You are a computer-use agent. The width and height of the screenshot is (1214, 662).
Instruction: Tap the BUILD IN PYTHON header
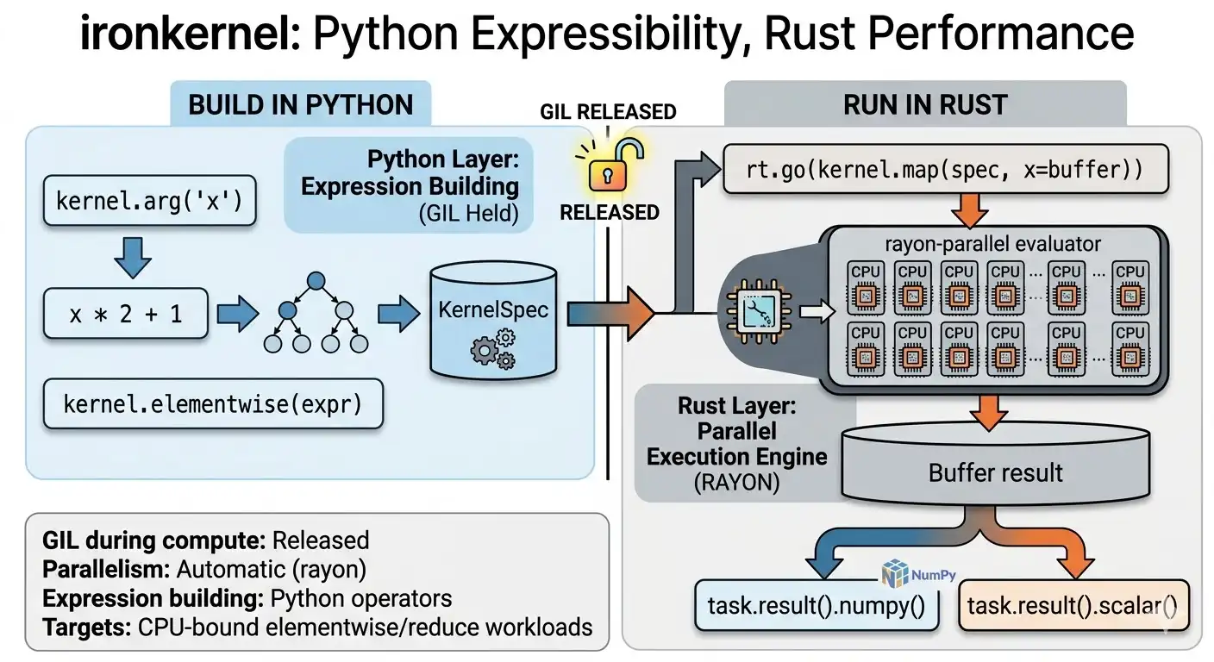tap(300, 105)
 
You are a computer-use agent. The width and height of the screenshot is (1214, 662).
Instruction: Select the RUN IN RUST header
tap(925, 105)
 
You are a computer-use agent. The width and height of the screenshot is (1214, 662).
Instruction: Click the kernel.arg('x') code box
tap(149, 203)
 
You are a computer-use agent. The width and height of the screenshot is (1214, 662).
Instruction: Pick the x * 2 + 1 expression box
tap(126, 314)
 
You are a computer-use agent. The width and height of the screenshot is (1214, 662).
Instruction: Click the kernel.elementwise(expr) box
tap(212, 403)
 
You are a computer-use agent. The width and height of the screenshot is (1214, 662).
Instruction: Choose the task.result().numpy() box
tap(817, 608)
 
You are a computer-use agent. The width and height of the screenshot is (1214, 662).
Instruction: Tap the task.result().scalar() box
tap(1072, 608)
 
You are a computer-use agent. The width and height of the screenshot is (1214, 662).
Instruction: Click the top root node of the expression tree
tap(316, 280)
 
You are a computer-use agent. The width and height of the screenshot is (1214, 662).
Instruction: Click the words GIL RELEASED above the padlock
tap(608, 112)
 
